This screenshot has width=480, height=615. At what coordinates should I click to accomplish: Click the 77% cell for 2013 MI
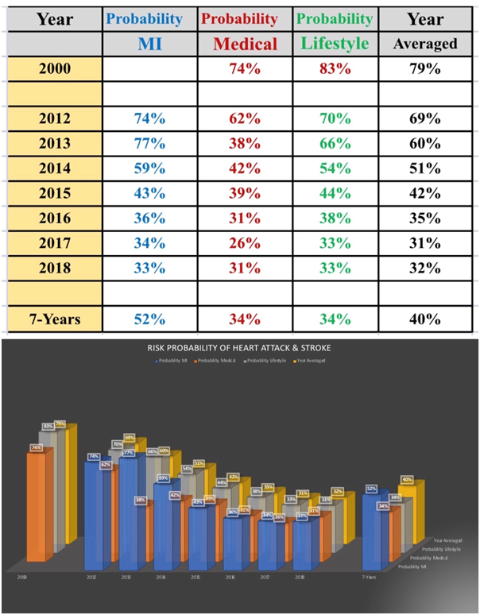pyautogui.click(x=149, y=144)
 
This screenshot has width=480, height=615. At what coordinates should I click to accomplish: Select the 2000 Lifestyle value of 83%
pyautogui.click(x=335, y=68)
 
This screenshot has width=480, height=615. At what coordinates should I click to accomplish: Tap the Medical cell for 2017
pyautogui.click(x=244, y=243)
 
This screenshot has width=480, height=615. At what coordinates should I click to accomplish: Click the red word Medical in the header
pyautogui.click(x=244, y=44)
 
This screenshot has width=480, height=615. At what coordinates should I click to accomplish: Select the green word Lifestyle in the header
pyautogui.click(x=335, y=43)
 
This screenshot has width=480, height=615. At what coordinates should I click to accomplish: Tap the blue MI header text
pyautogui.click(x=149, y=44)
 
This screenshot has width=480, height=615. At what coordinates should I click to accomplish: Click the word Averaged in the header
pyautogui.click(x=425, y=44)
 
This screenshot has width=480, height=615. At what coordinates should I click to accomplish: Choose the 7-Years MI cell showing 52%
pyautogui.click(x=149, y=319)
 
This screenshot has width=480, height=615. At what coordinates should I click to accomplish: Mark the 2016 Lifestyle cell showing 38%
pyautogui.click(x=335, y=219)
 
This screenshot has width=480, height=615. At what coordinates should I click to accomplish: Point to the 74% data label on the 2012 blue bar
pyautogui.click(x=93, y=456)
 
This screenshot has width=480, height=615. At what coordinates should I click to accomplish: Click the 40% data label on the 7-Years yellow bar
pyautogui.click(x=407, y=479)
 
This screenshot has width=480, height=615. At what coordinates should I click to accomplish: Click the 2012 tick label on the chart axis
pyautogui.click(x=91, y=578)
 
